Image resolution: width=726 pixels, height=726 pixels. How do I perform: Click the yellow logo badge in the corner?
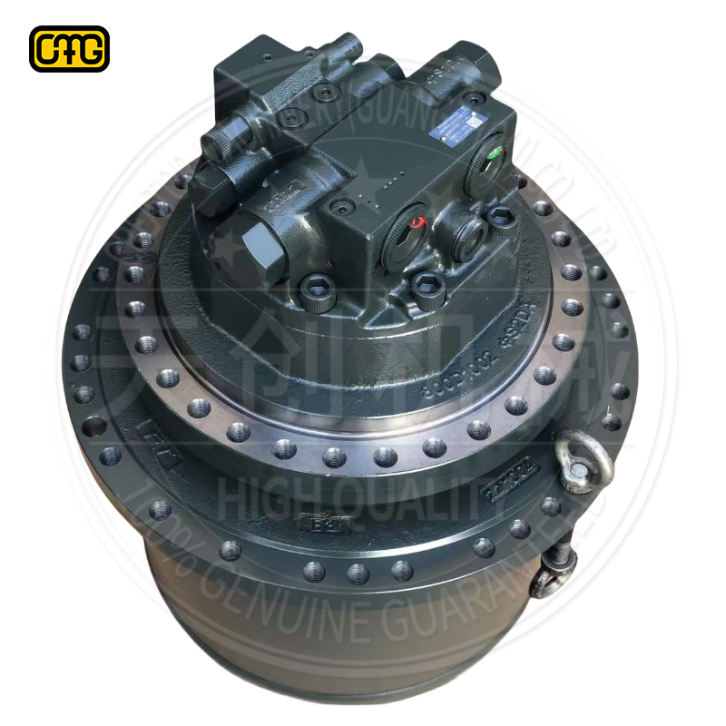tap(69, 49)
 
